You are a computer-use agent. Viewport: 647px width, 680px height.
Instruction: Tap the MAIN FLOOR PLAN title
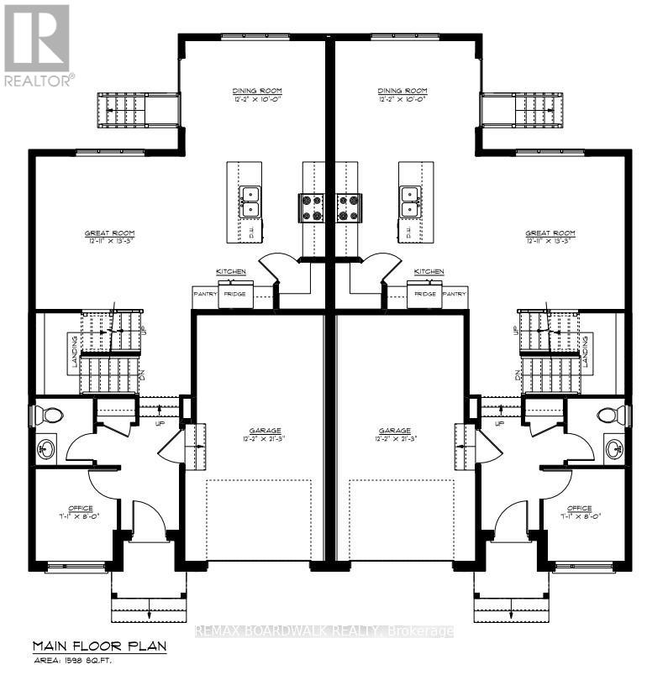pos(99,646)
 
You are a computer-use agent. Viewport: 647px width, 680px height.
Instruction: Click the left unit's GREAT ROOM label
pos(109,233)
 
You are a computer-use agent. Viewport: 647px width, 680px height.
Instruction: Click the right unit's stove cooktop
pos(349,207)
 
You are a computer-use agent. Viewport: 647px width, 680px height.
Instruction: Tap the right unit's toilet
pos(611,415)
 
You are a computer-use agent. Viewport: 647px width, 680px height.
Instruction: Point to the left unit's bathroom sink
pos(45,449)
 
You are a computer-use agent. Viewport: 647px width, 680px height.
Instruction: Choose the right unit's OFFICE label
pos(579,509)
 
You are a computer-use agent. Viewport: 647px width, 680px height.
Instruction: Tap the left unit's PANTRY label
pos(205,294)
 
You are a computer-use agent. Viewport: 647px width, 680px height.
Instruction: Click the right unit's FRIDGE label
pos(425,294)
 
